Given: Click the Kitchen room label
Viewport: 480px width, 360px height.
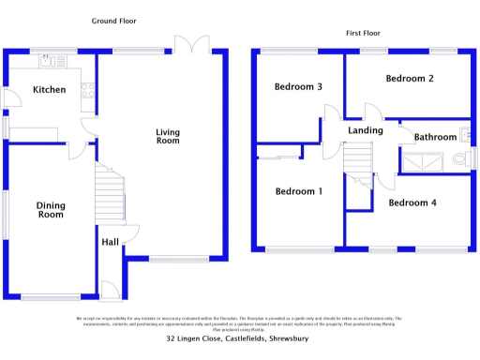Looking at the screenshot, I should coord(49,90).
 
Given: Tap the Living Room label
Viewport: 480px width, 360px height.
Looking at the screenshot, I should coord(167,136).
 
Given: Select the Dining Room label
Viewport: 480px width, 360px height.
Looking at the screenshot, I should coord(50,210).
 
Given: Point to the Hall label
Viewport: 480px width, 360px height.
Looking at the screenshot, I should coord(110,242).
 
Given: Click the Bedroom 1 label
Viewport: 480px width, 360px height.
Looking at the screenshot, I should coord(298,191).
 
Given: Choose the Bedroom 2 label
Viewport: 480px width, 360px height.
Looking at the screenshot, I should coord(410,79).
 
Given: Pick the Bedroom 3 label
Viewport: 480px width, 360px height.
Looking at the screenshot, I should coord(298,87).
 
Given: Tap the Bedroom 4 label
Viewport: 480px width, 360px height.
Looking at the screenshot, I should coord(412,202).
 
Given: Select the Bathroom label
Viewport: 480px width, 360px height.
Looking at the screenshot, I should coord(435,138).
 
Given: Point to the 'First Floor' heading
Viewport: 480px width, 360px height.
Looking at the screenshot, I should coord(365,33).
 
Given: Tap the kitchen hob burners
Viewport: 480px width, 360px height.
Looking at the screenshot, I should coord(87,91).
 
